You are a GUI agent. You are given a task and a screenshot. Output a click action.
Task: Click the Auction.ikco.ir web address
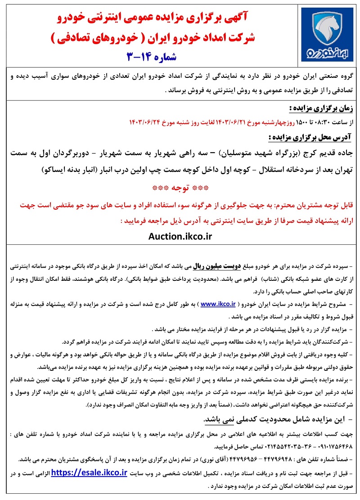tap(180, 235)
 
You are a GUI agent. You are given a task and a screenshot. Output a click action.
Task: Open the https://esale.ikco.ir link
tap(89, 473)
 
